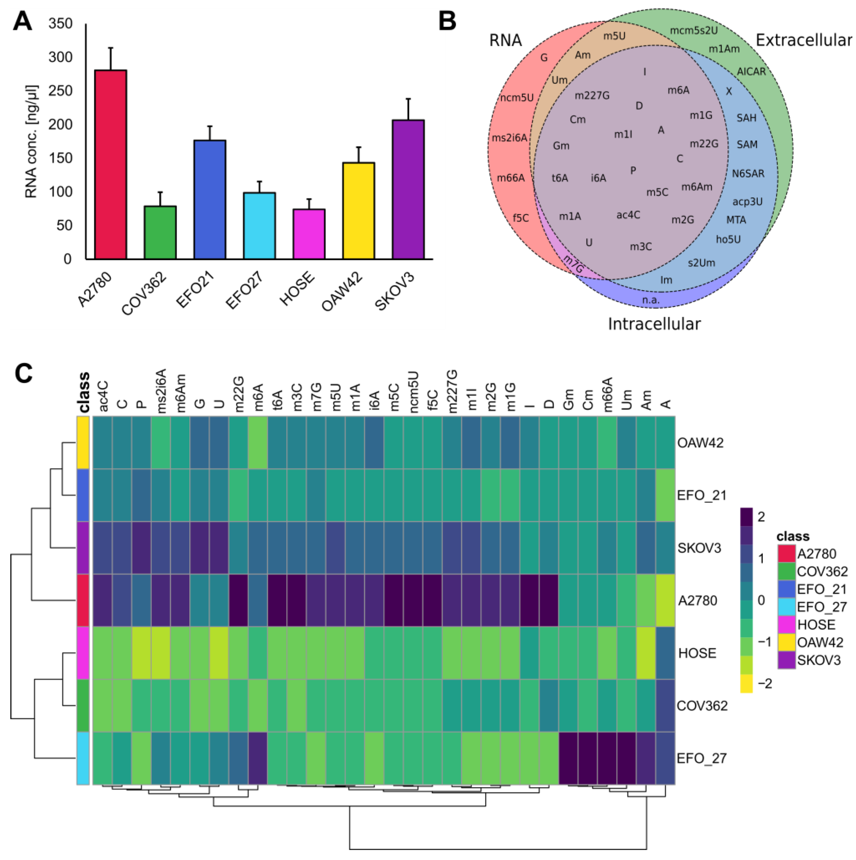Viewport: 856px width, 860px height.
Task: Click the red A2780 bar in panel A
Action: (x=110, y=164)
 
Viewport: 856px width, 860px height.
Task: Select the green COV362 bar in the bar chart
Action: (x=160, y=232)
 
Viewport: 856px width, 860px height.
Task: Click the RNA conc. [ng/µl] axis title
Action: (x=31, y=141)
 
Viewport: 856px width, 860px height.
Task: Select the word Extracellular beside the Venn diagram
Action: (x=803, y=40)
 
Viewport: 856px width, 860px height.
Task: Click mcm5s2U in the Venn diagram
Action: (x=694, y=30)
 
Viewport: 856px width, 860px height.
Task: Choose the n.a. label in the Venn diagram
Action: (x=651, y=300)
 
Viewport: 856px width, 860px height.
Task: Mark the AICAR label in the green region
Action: (x=751, y=72)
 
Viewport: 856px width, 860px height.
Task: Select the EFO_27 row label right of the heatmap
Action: (x=702, y=758)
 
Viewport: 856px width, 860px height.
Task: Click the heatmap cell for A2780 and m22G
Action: (x=239, y=600)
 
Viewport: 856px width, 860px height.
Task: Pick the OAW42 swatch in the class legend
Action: (x=786, y=642)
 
